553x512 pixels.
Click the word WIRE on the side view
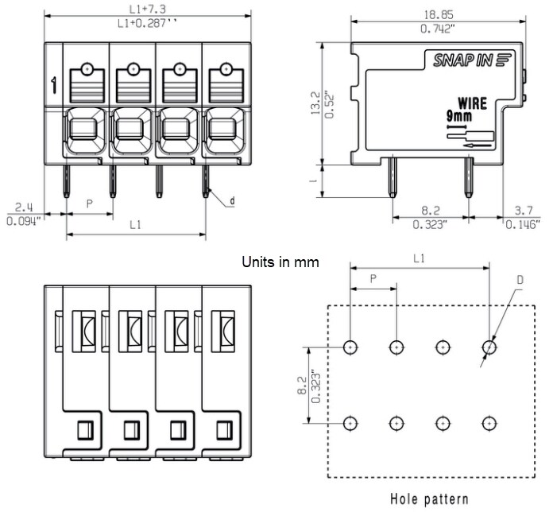[472, 103]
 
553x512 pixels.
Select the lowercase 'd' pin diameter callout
[232, 201]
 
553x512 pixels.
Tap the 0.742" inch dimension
[438, 29]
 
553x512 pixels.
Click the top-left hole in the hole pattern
[350, 347]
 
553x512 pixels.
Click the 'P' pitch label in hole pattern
[373, 279]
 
